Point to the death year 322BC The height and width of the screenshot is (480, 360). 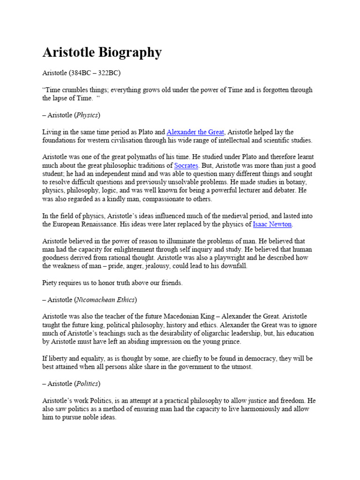[109, 73]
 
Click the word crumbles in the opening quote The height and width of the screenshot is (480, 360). [76, 90]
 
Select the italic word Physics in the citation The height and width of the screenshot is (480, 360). [88, 115]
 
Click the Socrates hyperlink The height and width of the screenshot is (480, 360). [187, 165]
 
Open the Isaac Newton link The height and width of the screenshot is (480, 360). [272, 225]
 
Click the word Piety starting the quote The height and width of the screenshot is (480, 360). [51, 283]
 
